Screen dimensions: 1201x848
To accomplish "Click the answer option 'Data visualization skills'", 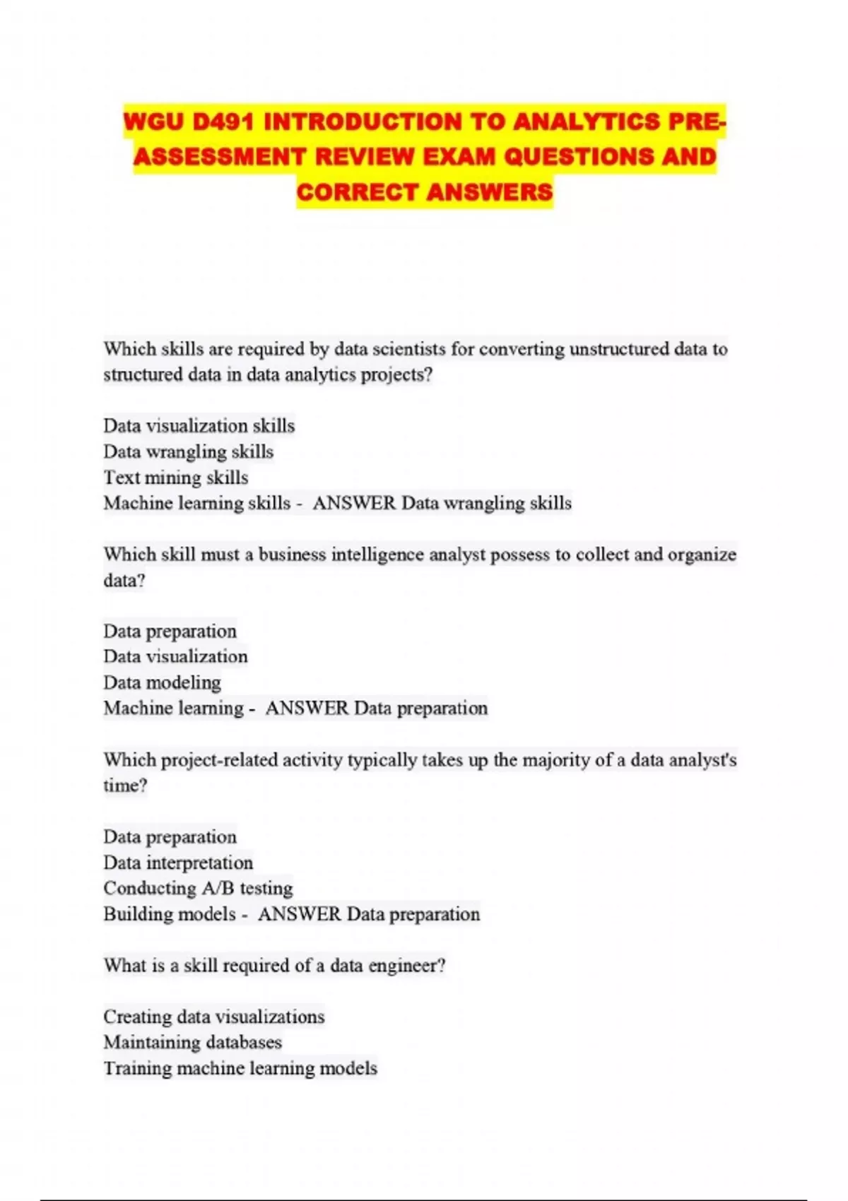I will pyautogui.click(x=199, y=425).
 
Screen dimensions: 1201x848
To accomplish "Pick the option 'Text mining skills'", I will pyautogui.click(x=175, y=478).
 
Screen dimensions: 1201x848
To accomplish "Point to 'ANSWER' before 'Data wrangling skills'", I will pyautogui.click(x=354, y=503).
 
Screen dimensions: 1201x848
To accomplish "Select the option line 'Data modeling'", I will pyautogui.click(x=162, y=682).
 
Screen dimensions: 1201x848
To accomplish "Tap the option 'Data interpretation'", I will pyautogui.click(x=177, y=863).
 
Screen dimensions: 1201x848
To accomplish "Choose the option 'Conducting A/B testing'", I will pyautogui.click(x=198, y=888).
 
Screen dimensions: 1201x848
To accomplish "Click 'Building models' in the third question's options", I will pyautogui.click(x=170, y=914).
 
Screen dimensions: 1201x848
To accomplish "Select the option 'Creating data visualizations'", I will pyautogui.click(x=213, y=1017).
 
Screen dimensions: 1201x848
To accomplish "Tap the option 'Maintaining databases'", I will pyautogui.click(x=192, y=1042).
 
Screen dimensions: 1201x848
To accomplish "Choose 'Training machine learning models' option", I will pyautogui.click(x=240, y=1068).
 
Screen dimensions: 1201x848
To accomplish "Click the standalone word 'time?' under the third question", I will pyautogui.click(x=125, y=786).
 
